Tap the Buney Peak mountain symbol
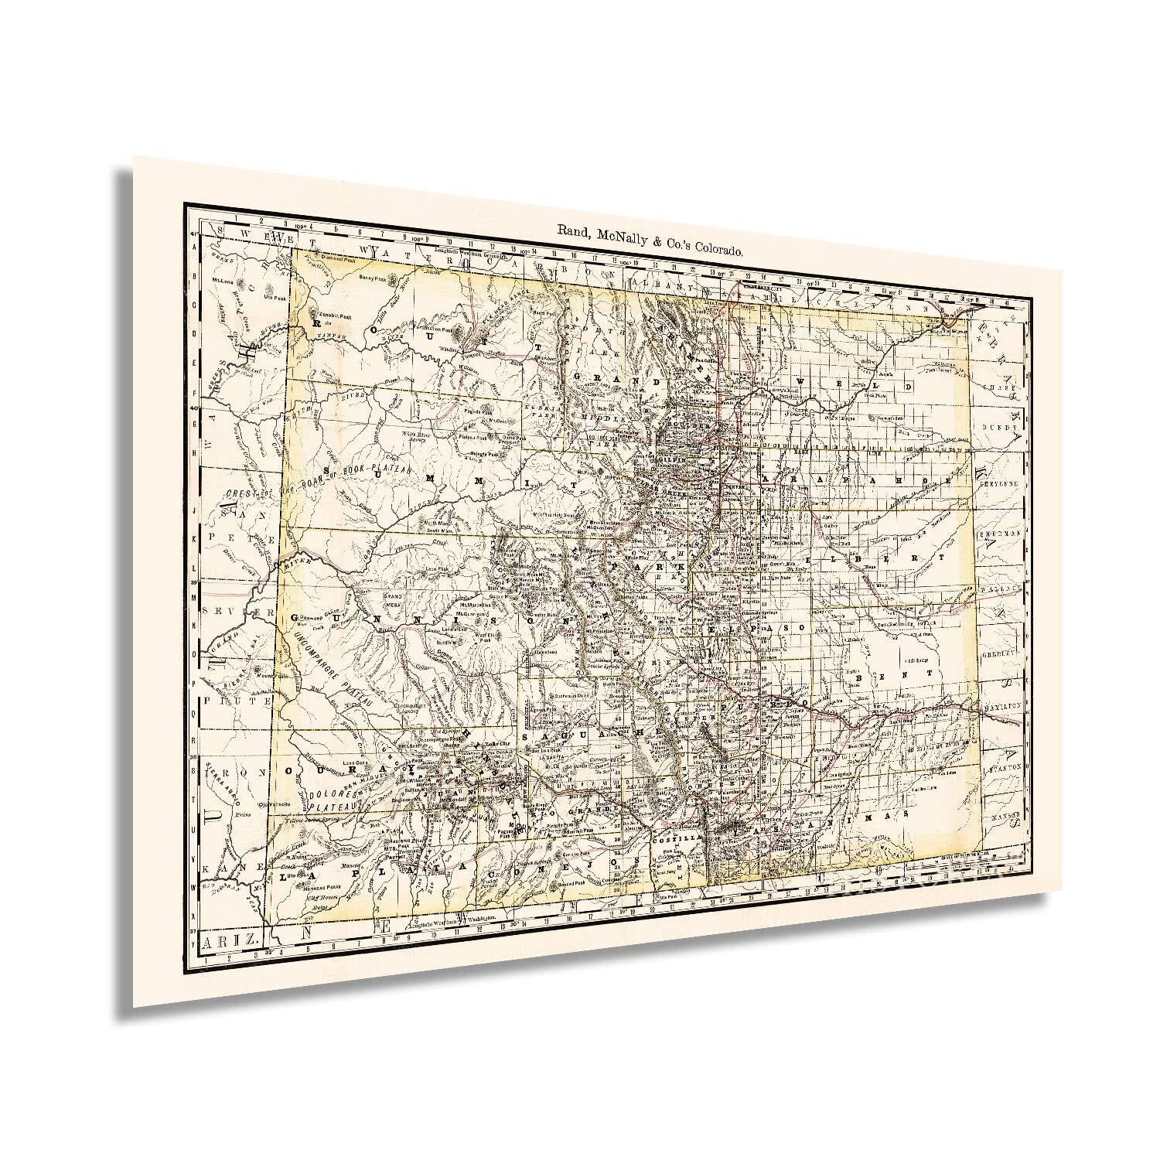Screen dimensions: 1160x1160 click(397, 277)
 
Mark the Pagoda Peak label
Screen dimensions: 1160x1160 click(477, 412)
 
